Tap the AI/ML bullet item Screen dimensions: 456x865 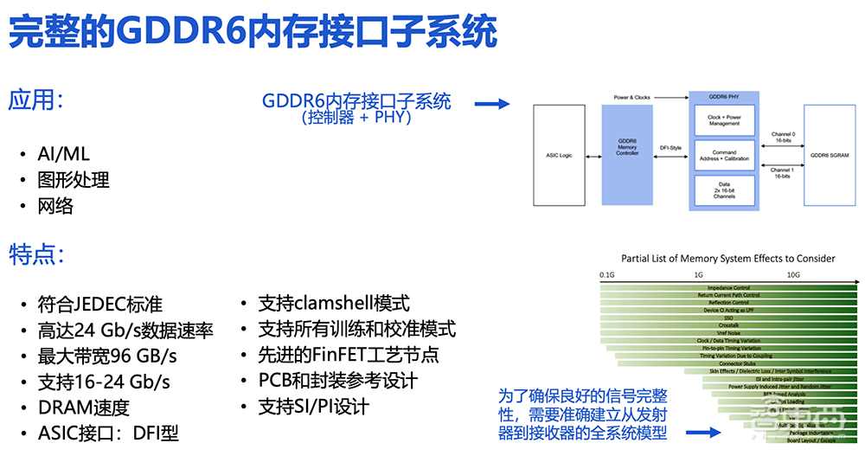pyautogui.click(x=63, y=154)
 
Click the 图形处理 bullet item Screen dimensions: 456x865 pyautogui.click(x=74, y=180)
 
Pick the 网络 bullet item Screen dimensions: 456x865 pyautogui.click(x=55, y=206)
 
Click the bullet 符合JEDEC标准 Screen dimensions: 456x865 pyautogui.click(x=99, y=305)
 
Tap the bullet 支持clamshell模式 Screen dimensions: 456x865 pyautogui.click(x=334, y=304)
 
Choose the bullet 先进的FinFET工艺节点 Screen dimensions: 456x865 pyautogui.click(x=349, y=355)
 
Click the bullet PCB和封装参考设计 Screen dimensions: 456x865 pyautogui.click(x=338, y=381)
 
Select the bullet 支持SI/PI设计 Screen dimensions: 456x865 pyautogui.click(x=314, y=407)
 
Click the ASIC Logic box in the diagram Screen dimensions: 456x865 pyautogui.click(x=559, y=156)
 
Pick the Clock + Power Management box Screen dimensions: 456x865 pyautogui.click(x=724, y=119)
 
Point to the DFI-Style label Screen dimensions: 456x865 pyautogui.click(x=671, y=148)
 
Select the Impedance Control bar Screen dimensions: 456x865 pyautogui.click(x=728, y=287)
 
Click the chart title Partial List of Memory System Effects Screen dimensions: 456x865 pyautogui.click(x=728, y=258)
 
